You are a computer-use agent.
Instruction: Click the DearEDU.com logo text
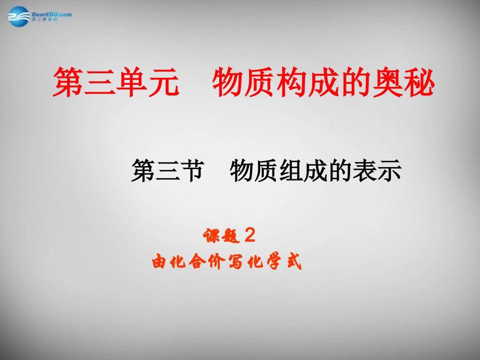coord(51,14)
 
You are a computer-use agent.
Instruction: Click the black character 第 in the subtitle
coord(143,170)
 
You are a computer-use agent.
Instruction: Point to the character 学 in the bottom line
coord(274,262)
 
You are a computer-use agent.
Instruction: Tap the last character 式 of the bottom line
coord(294,262)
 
